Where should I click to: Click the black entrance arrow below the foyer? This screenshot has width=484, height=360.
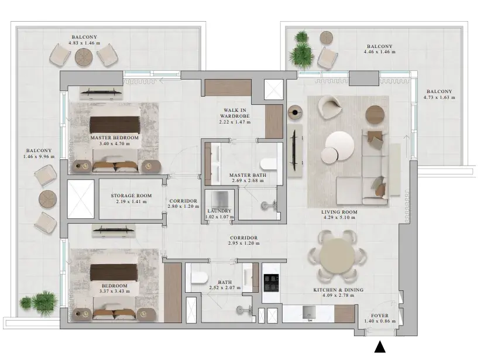click(380, 347)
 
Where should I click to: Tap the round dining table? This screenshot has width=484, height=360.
click(337, 256)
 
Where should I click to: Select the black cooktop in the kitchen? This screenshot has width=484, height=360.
click(272, 283)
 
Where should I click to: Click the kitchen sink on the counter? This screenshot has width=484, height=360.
click(308, 313)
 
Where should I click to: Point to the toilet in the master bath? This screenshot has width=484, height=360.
click(268, 164)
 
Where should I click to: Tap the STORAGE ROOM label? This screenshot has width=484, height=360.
click(131, 196)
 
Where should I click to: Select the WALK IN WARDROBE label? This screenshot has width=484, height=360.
click(235, 113)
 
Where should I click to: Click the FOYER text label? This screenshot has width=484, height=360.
click(380, 316)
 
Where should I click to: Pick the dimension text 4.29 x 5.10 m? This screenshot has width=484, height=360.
click(339, 217)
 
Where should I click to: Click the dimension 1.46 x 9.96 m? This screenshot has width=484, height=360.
click(39, 156)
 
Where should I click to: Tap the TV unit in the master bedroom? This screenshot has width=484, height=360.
click(101, 92)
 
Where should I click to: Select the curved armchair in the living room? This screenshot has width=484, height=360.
click(329, 107)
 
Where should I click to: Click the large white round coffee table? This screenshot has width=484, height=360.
click(340, 145)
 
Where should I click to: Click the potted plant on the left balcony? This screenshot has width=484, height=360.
click(39, 300)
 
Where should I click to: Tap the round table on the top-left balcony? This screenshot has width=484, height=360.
click(84, 57)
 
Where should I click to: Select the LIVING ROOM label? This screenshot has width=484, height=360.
click(339, 212)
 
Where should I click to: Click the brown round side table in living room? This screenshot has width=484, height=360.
click(375, 115)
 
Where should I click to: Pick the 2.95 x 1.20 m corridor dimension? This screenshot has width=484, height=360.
click(244, 244)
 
